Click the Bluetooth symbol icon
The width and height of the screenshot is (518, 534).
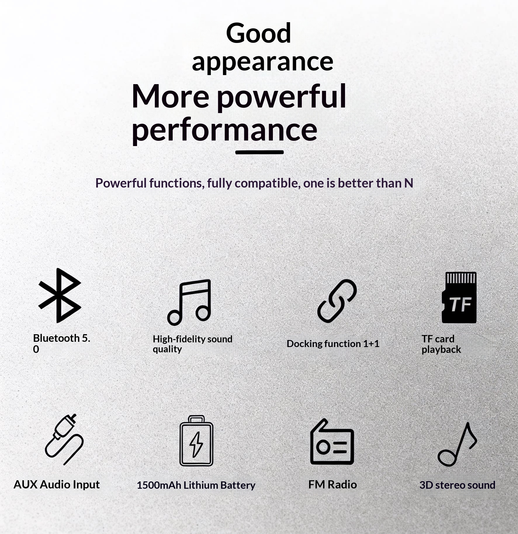click(x=60, y=295)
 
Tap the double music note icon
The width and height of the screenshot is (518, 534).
click(x=189, y=302)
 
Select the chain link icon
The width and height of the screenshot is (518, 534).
click(x=337, y=301)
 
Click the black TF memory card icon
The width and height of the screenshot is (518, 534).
click(x=459, y=297)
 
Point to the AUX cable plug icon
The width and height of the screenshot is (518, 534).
click(x=64, y=439)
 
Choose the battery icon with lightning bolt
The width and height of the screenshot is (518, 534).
click(x=196, y=441)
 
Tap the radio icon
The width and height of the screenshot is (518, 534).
click(x=332, y=442)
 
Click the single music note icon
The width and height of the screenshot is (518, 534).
click(x=457, y=444)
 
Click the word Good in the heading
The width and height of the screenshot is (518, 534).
click(x=259, y=33)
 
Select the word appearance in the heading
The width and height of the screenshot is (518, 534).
click(x=262, y=62)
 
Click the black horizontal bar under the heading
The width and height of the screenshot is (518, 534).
click(x=259, y=152)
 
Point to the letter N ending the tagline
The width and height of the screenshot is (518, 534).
click(x=408, y=183)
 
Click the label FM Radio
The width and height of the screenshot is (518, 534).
click(x=332, y=485)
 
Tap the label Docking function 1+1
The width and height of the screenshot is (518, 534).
click(x=333, y=344)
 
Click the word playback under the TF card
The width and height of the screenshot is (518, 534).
click(x=441, y=349)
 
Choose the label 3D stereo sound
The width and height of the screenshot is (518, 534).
click(x=457, y=485)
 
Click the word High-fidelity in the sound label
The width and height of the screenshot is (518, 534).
click(x=179, y=339)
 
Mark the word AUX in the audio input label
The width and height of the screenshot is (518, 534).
click(x=25, y=485)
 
